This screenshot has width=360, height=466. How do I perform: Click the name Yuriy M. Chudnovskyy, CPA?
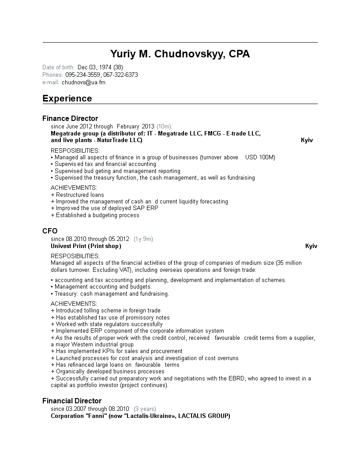pos(180,54)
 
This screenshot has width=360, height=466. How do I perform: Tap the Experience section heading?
pos(67,98)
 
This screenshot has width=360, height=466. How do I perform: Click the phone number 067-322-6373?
pos(121,75)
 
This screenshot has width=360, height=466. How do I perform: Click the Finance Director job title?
pos(70,118)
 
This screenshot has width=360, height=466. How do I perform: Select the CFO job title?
pos(50,231)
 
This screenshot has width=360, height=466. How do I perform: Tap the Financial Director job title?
pos(72,401)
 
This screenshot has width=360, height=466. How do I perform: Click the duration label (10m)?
pos(164,126)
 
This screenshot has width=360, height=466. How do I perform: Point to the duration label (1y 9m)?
pos(143,239)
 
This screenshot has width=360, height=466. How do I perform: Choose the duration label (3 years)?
pos(145,409)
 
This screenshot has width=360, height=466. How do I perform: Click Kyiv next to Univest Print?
pos(311,246)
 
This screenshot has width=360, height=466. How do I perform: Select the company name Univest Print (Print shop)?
pos(86,246)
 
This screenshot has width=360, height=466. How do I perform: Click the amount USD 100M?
pos(260,157)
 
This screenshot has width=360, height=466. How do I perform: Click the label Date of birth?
pos(58,67)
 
